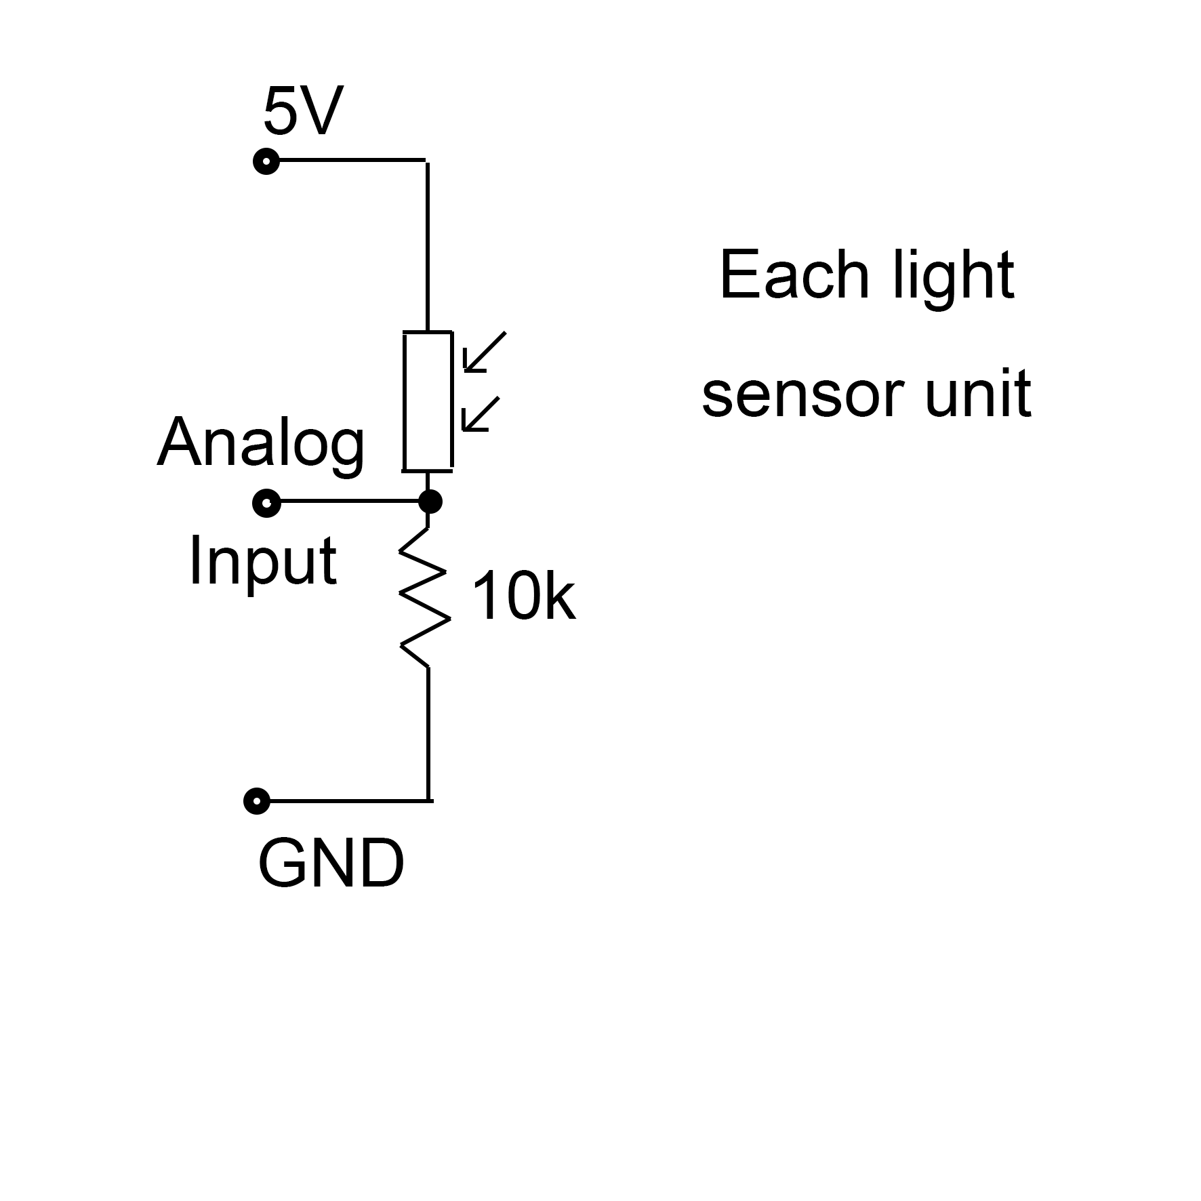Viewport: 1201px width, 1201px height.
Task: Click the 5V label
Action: (x=303, y=111)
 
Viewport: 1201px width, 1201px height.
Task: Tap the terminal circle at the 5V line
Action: (x=266, y=161)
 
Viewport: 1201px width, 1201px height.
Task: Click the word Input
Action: (x=262, y=561)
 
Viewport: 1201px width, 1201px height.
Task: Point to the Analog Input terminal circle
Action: (x=266, y=503)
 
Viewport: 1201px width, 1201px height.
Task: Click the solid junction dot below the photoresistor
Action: (x=430, y=502)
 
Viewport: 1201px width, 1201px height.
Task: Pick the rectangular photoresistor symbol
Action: (x=428, y=401)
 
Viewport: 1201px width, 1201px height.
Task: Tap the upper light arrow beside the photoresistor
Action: (x=484, y=352)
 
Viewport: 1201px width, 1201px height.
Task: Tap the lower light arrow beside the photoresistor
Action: (x=480, y=414)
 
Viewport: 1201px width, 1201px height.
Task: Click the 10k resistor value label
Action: (x=523, y=597)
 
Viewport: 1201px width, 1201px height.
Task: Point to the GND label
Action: (x=331, y=864)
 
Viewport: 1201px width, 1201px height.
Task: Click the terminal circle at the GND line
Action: (x=257, y=801)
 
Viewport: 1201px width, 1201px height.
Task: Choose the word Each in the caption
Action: (x=794, y=275)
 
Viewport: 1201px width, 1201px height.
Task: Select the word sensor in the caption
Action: (x=802, y=395)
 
